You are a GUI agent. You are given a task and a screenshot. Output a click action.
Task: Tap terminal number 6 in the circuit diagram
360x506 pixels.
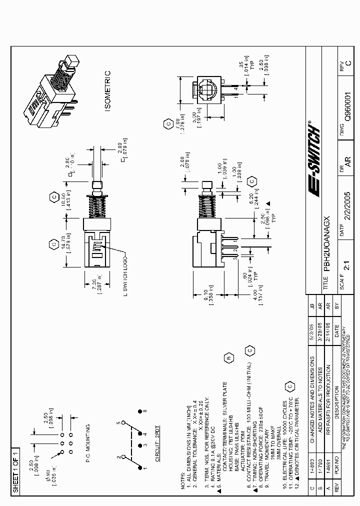(x=145, y=411)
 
